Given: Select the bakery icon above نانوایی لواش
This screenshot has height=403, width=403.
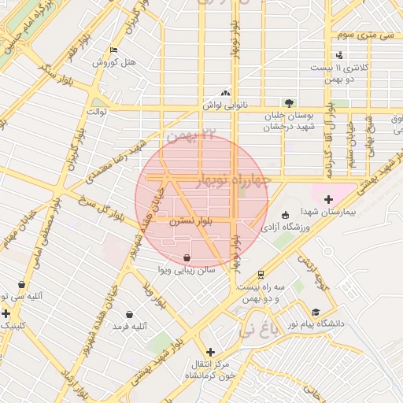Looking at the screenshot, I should point(225,92).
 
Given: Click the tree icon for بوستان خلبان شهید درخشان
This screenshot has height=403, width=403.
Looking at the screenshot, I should point(290,103).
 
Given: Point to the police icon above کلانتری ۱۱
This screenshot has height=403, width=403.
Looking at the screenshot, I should point(339,55).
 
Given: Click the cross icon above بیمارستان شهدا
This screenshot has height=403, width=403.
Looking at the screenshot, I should point(328,200).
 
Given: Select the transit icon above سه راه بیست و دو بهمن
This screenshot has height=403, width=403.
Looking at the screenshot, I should point(260,274).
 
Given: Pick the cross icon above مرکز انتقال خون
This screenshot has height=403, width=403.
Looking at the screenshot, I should point(209,352).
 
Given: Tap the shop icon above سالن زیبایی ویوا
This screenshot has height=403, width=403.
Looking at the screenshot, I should point(186,257).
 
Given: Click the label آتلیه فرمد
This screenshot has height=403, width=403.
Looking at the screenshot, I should point(130,326).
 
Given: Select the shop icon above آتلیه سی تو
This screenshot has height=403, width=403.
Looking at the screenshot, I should point(21,285).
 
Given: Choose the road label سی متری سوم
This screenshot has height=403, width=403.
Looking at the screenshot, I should point(364,35).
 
